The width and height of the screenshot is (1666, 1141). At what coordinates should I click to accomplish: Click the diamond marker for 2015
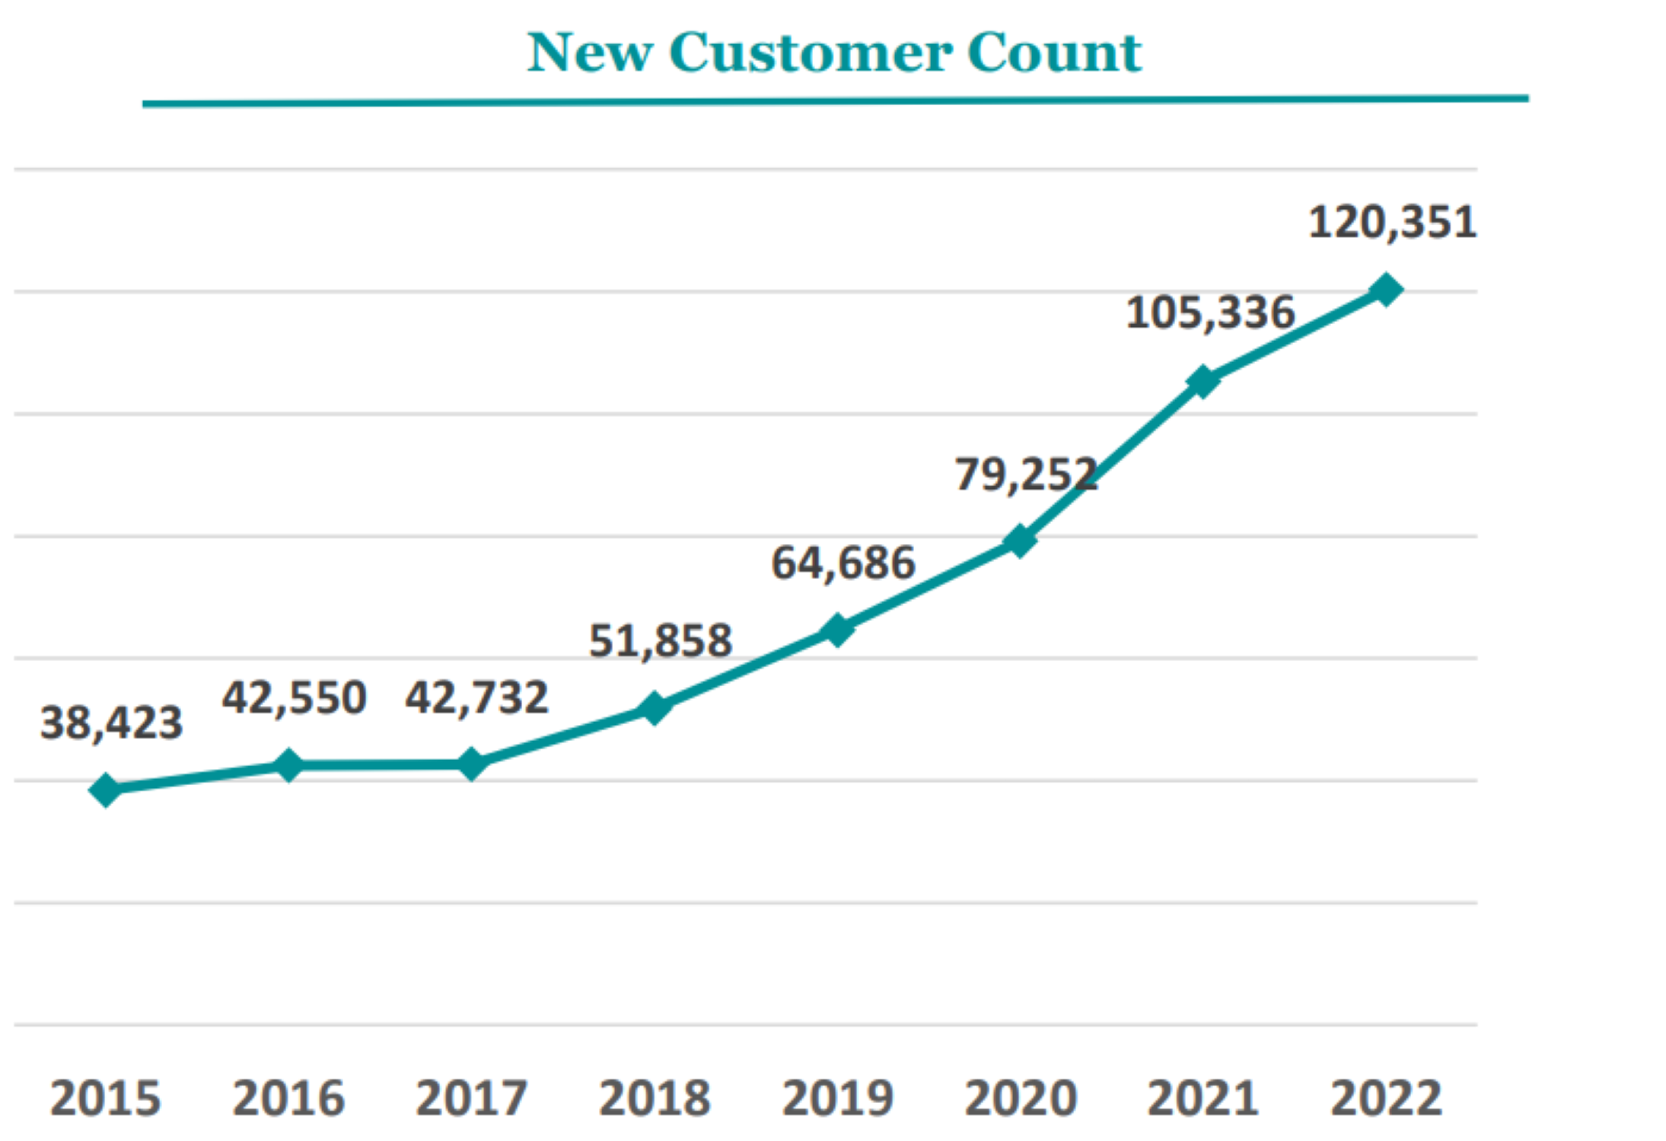[106, 790]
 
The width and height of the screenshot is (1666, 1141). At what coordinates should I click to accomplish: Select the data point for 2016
[288, 764]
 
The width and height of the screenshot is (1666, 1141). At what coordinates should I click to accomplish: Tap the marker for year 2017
[472, 764]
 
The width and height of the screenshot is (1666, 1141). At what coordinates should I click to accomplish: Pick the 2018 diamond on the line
[655, 708]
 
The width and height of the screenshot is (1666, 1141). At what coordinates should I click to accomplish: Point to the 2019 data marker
[837, 631]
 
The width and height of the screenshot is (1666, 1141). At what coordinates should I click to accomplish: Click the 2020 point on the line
[1020, 541]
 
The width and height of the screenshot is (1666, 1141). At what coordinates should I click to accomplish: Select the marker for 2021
[1203, 381]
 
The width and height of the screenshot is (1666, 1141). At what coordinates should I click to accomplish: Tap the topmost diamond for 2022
[1386, 290]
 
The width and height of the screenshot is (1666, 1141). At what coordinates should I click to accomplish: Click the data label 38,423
[111, 723]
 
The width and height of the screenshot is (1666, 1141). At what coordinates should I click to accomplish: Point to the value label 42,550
[294, 698]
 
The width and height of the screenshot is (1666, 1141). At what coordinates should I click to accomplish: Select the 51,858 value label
[661, 640]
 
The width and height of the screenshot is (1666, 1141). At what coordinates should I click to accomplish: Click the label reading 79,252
[1026, 475]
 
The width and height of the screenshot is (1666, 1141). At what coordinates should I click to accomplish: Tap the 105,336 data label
[1210, 313]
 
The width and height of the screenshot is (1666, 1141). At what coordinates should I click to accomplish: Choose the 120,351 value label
[1392, 223]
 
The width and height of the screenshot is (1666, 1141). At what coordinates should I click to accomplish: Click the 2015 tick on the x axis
[106, 1098]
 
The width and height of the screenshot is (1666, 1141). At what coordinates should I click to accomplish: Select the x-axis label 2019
[837, 1098]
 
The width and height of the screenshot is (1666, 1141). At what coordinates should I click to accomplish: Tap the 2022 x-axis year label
[1386, 1098]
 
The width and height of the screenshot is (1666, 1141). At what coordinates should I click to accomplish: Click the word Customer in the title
[811, 53]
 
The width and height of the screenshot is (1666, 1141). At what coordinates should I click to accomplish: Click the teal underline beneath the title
[835, 101]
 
